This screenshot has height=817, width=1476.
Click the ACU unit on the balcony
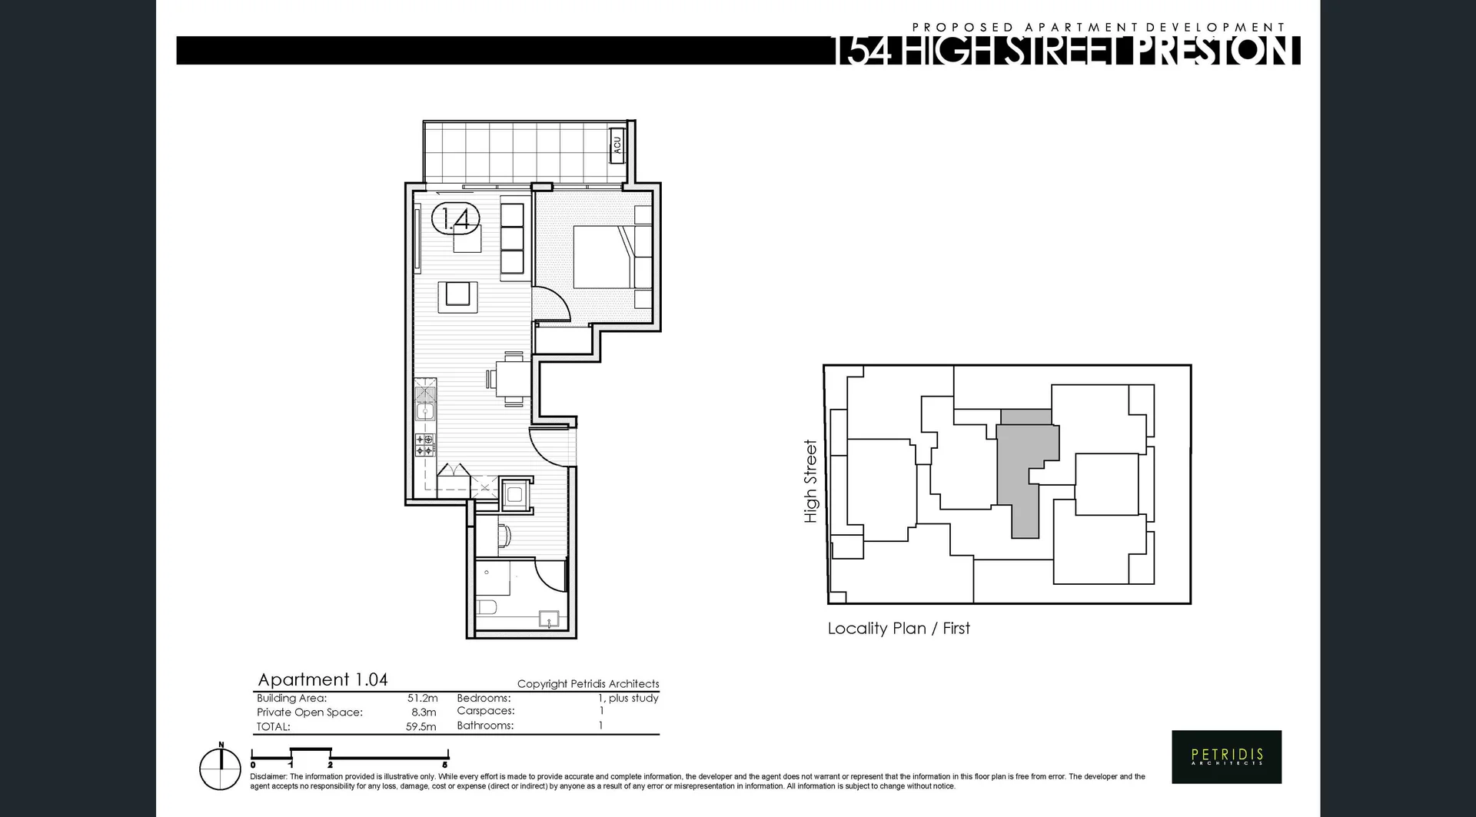[x=617, y=144]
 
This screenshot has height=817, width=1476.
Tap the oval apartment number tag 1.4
[x=456, y=219]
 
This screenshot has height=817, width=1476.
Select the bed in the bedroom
[x=606, y=257]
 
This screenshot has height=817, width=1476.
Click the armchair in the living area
[x=457, y=297]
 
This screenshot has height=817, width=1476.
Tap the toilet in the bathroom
[x=487, y=608]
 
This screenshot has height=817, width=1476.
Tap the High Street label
[x=810, y=481]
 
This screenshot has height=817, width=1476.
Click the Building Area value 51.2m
[x=422, y=698]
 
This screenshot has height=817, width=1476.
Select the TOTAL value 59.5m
[x=421, y=726]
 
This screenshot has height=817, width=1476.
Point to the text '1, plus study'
[x=628, y=698]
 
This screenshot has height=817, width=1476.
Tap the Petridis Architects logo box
[x=1226, y=756]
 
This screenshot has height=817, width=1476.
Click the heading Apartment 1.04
[x=322, y=679]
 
